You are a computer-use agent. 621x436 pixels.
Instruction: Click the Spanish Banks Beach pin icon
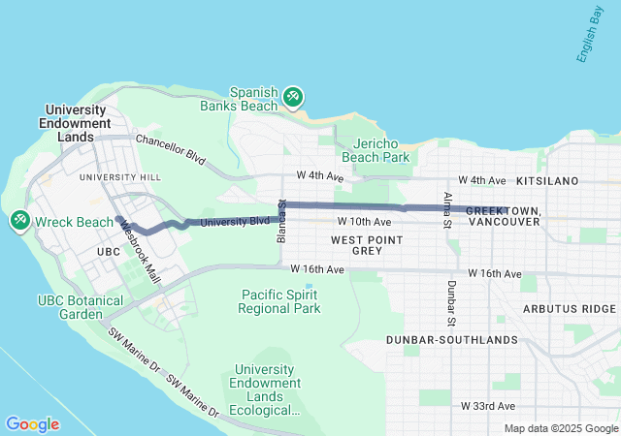pos(293,97)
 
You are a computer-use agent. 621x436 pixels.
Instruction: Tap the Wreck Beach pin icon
pos(19,222)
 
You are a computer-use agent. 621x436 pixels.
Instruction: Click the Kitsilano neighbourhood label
pos(547,181)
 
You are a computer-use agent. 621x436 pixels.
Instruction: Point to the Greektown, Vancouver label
pos(503,216)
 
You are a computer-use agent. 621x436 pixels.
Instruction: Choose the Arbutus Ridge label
pos(569,308)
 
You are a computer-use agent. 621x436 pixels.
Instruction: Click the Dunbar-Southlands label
pos(451,340)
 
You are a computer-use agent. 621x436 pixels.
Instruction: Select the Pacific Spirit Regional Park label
pos(279,301)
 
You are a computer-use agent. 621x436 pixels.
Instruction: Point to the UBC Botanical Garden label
pos(82,307)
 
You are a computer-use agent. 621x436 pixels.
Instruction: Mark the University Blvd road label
pos(234,222)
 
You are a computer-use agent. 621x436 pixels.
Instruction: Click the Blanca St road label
pos(282,223)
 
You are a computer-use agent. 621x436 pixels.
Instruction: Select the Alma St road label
pos(448,210)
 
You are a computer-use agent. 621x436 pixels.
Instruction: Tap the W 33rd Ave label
pos(487,405)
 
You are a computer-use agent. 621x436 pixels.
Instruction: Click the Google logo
pos(32,424)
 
